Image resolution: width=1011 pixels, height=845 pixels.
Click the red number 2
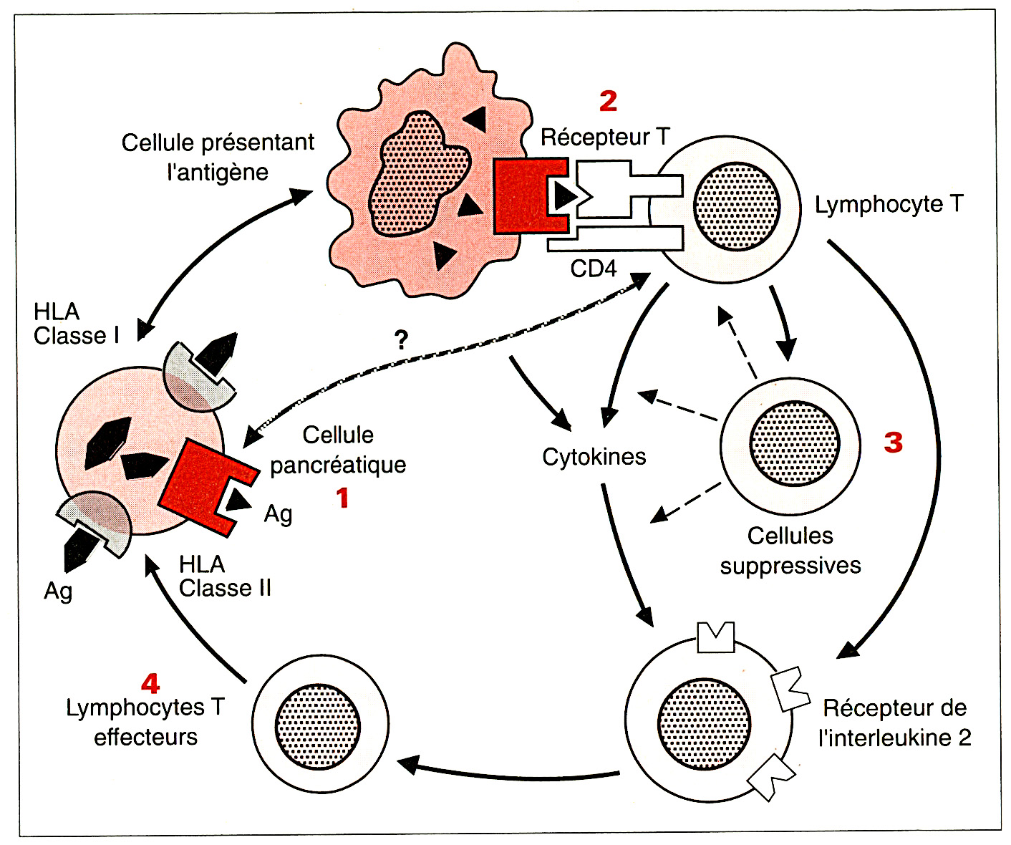(608, 101)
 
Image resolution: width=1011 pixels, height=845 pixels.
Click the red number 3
(893, 443)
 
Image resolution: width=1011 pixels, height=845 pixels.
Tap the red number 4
(150, 684)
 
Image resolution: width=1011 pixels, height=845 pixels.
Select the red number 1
(343, 498)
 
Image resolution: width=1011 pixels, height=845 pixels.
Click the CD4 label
(593, 269)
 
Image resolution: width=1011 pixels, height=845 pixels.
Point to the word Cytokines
(594, 457)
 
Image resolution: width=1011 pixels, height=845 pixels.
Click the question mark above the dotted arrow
(402, 339)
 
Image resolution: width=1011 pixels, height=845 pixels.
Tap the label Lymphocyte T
(889, 205)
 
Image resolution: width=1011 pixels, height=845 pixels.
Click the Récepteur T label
(605, 137)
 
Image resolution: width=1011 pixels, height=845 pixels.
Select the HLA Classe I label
(76, 324)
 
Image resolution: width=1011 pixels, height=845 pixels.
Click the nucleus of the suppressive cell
(794, 444)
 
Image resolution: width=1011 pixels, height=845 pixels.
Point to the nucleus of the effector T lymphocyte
(318, 726)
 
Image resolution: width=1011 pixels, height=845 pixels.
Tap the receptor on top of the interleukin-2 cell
(716, 637)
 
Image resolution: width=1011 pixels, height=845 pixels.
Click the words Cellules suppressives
(790, 551)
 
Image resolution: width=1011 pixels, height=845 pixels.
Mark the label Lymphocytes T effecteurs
(145, 722)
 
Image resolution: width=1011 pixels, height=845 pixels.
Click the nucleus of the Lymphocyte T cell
(736, 207)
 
